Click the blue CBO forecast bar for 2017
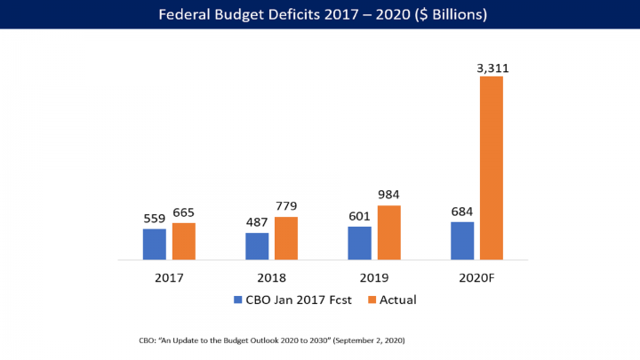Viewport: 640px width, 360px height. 155,244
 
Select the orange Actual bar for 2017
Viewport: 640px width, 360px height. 184,241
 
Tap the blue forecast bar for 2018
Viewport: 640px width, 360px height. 257,246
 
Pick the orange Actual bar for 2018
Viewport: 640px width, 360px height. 286,238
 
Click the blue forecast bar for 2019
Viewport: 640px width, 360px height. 359,243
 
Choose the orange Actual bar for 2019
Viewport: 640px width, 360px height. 388,232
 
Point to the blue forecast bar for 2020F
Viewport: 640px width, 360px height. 462,241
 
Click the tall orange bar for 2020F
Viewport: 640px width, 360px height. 492,168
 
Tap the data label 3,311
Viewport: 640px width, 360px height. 492,67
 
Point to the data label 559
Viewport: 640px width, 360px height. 155,219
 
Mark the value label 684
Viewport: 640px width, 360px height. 462,212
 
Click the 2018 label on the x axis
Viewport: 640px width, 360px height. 271,276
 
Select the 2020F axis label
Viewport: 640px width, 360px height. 476,276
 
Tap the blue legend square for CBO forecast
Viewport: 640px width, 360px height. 238,300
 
